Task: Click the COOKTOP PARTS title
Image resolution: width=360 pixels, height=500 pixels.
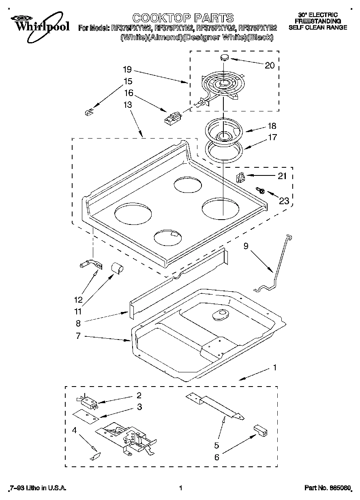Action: [x=183, y=18]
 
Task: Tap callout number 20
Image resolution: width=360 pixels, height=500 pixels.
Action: [x=269, y=65]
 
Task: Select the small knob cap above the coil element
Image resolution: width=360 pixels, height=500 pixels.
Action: [x=224, y=58]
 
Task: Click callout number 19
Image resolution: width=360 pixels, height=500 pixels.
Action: [x=127, y=69]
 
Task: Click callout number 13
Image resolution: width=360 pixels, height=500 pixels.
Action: [x=127, y=105]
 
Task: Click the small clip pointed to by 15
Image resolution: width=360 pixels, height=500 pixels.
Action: [x=89, y=111]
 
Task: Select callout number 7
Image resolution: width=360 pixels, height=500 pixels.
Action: [x=78, y=336]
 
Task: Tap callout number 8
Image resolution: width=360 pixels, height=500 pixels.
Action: [x=78, y=324]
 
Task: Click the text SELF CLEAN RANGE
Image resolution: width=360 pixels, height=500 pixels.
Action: [x=317, y=28]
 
